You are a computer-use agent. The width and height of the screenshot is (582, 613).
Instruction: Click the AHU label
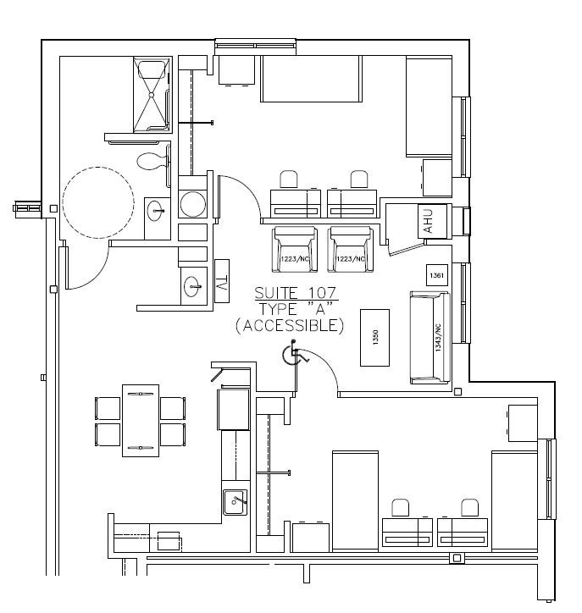(x=427, y=221)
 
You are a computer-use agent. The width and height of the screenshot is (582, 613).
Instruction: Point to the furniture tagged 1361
(x=437, y=275)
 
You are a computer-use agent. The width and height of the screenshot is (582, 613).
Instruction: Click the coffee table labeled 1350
(x=375, y=337)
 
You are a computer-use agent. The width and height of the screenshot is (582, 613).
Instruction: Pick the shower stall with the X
(x=152, y=95)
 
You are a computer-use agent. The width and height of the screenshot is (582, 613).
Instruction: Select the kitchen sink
(x=235, y=500)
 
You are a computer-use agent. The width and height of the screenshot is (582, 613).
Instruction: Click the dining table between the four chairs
(x=141, y=420)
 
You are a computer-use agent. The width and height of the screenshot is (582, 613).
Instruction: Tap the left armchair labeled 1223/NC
(x=295, y=250)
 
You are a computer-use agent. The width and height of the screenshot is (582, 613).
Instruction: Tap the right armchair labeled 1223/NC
(x=351, y=250)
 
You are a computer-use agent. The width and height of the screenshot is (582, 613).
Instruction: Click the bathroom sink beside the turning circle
(x=154, y=209)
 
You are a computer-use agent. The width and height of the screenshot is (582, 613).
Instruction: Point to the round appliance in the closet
(x=193, y=204)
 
